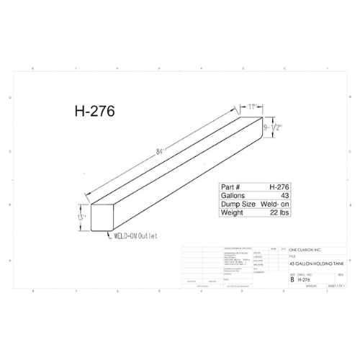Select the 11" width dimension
(253, 107)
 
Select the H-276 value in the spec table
(280, 186)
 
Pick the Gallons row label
(234, 195)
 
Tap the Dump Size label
(238, 204)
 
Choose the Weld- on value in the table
(276, 204)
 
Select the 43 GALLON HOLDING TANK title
(314, 264)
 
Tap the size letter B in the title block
(292, 279)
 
